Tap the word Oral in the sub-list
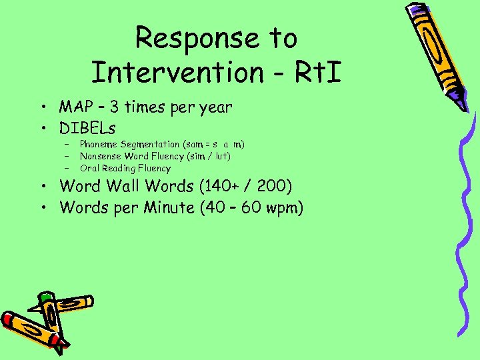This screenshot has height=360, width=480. [89, 168]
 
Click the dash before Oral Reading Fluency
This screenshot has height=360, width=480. [67, 168]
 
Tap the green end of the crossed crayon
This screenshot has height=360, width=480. [45, 295]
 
